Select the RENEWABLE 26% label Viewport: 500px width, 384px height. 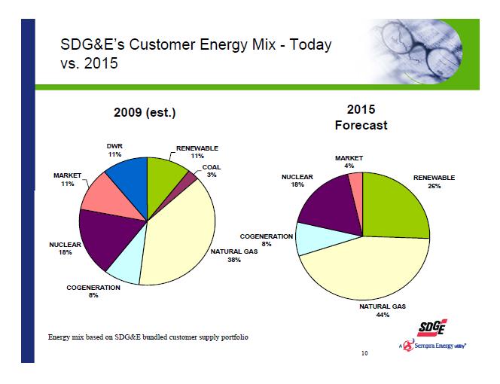(434, 181)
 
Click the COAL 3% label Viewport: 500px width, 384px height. (212, 171)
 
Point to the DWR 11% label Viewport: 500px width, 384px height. (114, 150)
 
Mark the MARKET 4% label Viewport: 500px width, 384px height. (349, 162)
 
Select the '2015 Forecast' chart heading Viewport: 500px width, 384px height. (360, 117)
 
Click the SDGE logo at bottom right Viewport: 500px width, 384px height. (429, 328)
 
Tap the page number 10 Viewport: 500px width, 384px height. (364, 353)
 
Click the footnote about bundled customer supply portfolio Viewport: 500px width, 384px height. (142, 336)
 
